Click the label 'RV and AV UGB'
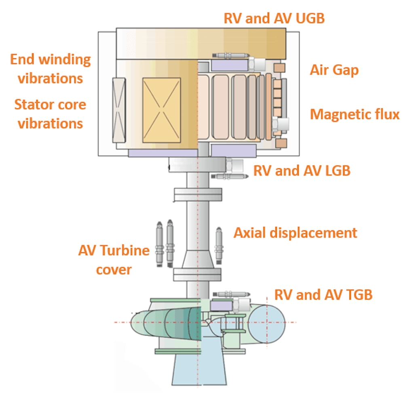tap(274, 19)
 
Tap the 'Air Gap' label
tap(334, 70)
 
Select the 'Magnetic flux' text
tap(355, 114)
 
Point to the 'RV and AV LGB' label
tap(302, 171)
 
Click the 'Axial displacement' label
tap(296, 233)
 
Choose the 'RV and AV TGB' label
tap(323, 295)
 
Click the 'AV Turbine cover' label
tap(114, 260)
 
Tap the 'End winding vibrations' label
tap(51, 69)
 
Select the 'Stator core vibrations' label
tap(50, 114)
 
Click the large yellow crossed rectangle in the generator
tap(162, 110)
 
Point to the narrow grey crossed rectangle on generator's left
tap(119, 110)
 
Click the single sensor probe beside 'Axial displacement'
tap(219, 245)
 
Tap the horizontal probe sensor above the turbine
tap(231, 294)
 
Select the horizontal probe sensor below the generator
tap(230, 176)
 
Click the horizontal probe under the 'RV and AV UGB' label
tap(231, 55)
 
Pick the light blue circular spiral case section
tap(267, 324)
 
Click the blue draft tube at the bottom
tap(199, 368)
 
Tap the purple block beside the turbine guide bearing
tap(221, 306)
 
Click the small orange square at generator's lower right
tap(281, 143)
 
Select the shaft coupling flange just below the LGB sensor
tap(198, 194)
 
